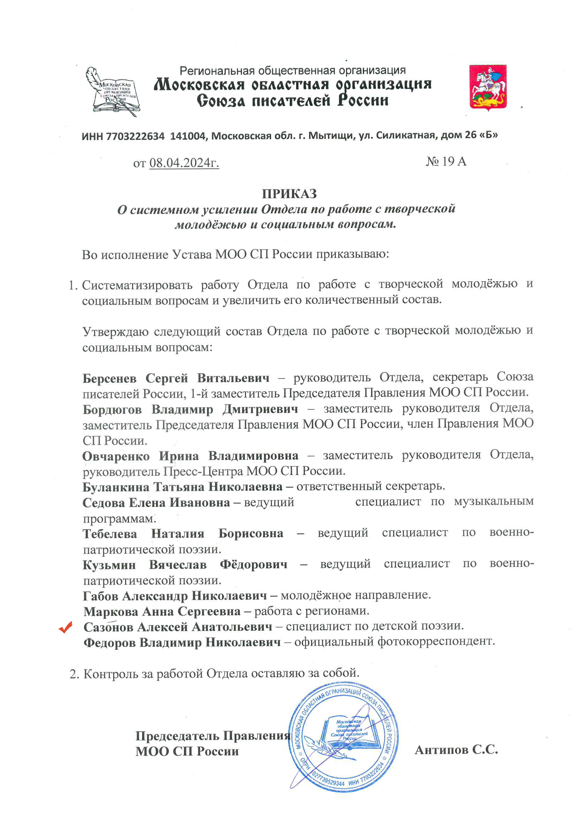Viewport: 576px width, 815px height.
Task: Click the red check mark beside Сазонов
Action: pos(66,627)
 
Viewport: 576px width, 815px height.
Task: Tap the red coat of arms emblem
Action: pos(487,86)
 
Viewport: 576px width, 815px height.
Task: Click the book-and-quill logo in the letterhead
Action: pos(113,92)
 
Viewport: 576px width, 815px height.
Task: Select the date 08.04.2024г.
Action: pos(184,163)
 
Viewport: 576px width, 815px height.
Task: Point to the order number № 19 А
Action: pos(446,161)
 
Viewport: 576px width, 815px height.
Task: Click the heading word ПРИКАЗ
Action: pos(289,194)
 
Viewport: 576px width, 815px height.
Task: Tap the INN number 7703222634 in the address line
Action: pos(135,136)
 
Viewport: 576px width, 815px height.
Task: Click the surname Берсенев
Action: pos(109,379)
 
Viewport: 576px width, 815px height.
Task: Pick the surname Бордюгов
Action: pos(112,410)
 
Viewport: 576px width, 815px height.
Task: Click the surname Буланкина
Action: pos(115,487)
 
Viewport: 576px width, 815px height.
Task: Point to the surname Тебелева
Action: pos(110,534)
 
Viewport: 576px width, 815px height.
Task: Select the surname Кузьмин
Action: pos(109,565)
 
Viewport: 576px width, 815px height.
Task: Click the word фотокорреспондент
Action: pos(436,641)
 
